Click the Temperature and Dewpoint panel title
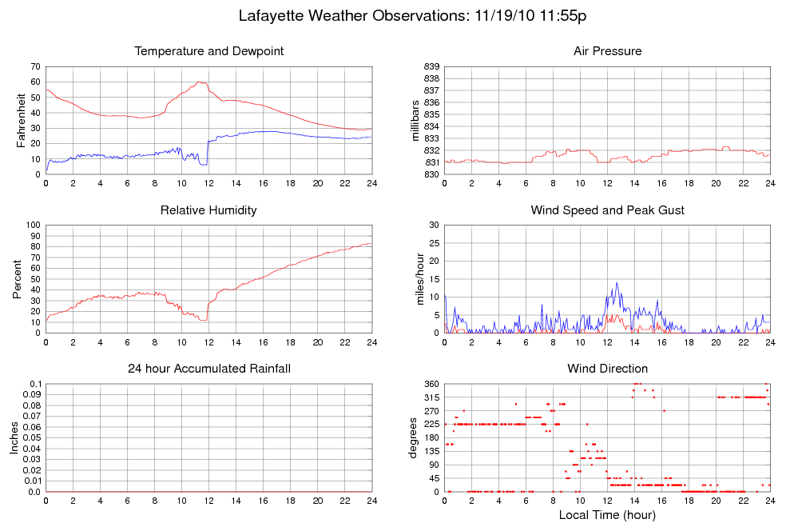tap(209, 51)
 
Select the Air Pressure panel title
tap(607, 51)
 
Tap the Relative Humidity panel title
tap(209, 210)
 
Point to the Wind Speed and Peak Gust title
tap(607, 210)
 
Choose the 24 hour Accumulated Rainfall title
tap(209, 369)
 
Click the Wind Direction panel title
tap(607, 369)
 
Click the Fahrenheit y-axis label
tap(22, 120)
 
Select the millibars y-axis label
tap(416, 120)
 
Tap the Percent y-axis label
tap(18, 278)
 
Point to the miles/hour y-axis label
tap(416, 278)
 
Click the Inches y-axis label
tap(14, 437)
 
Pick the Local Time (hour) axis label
tap(607, 515)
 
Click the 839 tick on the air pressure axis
tap(431, 66)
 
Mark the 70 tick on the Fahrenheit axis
tap(35, 66)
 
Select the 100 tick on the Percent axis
tap(33, 225)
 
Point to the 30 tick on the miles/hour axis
tap(433, 225)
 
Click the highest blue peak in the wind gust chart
tap(617, 282)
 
